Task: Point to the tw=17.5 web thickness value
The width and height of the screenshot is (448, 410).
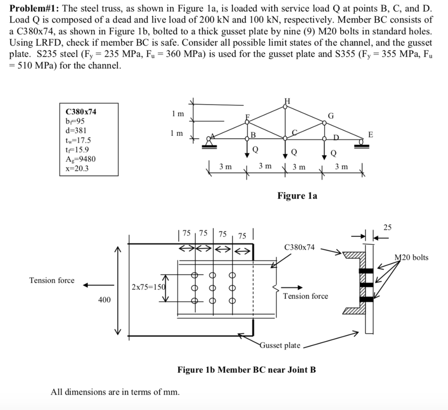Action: tap(78, 140)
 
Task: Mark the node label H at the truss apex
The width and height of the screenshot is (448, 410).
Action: tap(287, 101)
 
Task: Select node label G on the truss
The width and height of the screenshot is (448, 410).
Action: tap(331, 116)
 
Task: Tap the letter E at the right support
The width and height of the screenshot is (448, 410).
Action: tap(371, 135)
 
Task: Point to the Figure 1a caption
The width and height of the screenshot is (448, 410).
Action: tap(297, 195)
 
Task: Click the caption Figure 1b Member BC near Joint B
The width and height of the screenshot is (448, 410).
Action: tap(246, 370)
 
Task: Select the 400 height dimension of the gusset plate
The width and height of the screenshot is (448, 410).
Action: tap(105, 300)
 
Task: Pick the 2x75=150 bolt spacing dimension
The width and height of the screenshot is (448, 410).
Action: tap(146, 287)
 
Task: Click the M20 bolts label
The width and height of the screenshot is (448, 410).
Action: tap(411, 257)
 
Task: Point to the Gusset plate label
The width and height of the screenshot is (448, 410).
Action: tap(280, 345)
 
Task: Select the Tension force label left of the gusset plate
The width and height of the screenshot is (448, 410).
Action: tap(52, 280)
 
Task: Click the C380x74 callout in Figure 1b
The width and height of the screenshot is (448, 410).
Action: tap(299, 247)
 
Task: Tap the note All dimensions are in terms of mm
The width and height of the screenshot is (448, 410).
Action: tap(115, 392)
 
